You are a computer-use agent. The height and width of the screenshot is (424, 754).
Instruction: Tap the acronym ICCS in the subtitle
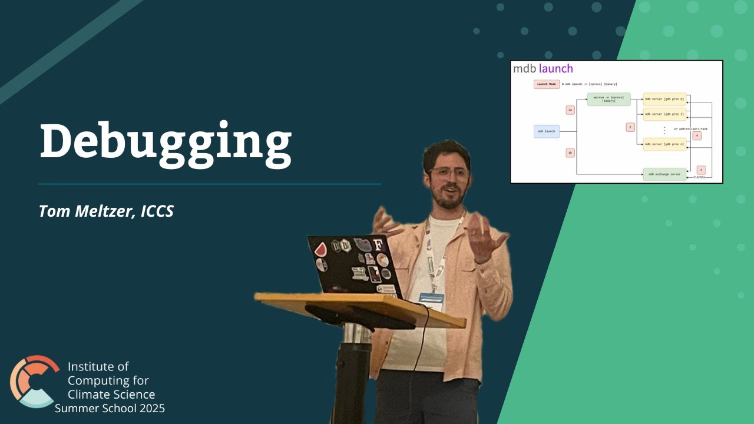(x=157, y=211)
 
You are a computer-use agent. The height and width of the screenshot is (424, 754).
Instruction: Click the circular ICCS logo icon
(x=34, y=381)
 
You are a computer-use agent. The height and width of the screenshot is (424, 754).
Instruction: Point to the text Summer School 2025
(x=110, y=408)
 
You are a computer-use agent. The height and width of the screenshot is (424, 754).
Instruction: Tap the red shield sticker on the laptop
(x=320, y=249)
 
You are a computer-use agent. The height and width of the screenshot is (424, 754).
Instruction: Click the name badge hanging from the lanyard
(x=431, y=301)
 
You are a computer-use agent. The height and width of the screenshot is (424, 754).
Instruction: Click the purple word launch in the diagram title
(x=555, y=69)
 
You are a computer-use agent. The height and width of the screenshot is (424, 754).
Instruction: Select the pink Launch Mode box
(x=546, y=84)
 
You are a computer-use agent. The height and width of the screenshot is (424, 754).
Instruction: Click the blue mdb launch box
(x=547, y=131)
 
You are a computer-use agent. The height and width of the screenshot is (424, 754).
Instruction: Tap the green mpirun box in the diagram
(x=609, y=99)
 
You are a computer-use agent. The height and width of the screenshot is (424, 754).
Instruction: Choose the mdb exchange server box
(x=664, y=174)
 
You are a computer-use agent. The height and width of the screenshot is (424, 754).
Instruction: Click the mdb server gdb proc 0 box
(x=664, y=99)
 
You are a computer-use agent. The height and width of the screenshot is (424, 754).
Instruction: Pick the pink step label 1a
(x=570, y=110)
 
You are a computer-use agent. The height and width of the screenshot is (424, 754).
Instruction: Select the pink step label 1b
(x=570, y=153)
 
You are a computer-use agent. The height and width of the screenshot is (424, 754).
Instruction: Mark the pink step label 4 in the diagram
(x=697, y=135)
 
